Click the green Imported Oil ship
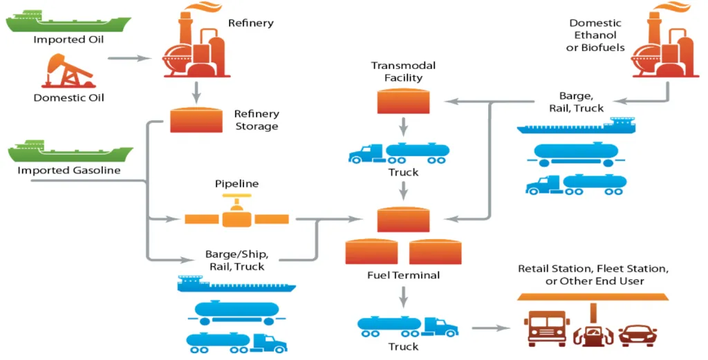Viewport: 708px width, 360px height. click(68, 21)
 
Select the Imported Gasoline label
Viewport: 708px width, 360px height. click(69, 171)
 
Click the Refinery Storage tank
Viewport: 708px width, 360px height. click(196, 119)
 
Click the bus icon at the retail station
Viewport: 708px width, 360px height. click(547, 328)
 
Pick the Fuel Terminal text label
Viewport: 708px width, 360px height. click(403, 275)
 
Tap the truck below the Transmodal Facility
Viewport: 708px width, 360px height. click(400, 153)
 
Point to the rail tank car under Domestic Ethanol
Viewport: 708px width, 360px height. click(575, 155)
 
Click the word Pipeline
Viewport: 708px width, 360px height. click(236, 184)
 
